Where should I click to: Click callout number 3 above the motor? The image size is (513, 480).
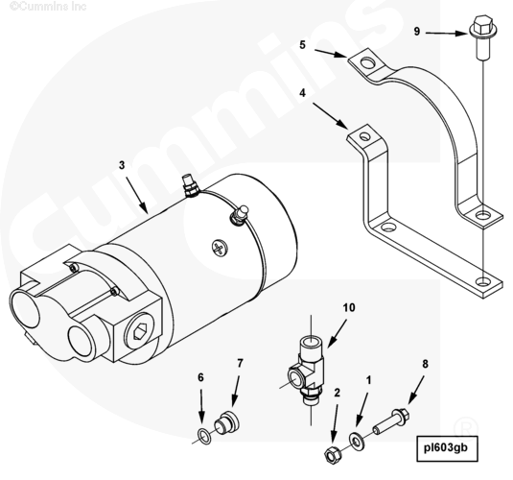[x=122, y=165]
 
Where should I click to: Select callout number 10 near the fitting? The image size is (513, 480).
[x=349, y=307]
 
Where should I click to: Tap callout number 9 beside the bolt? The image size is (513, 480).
[x=417, y=32]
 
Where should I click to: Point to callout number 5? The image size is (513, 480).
[x=302, y=45]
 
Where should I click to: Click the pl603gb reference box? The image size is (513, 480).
[x=447, y=448]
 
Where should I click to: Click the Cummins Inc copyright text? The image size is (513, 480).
[x=48, y=6]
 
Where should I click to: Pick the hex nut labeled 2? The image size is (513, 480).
[x=332, y=454]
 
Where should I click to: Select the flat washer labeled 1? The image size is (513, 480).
[x=357, y=441]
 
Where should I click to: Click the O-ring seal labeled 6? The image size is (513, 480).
[x=205, y=436]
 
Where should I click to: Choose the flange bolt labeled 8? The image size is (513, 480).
[x=390, y=421]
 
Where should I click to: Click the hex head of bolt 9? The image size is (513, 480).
[x=483, y=24]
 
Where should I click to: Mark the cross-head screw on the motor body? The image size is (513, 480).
[x=220, y=248]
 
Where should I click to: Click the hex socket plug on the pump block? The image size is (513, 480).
[x=139, y=334]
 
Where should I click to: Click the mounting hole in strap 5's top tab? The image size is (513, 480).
[x=369, y=62]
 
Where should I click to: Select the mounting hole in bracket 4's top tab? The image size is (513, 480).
[x=364, y=135]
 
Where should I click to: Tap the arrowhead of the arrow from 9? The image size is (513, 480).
[x=462, y=34]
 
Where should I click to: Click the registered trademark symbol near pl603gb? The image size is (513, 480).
[x=466, y=426]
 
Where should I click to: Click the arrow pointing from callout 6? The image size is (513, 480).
[x=201, y=407]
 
